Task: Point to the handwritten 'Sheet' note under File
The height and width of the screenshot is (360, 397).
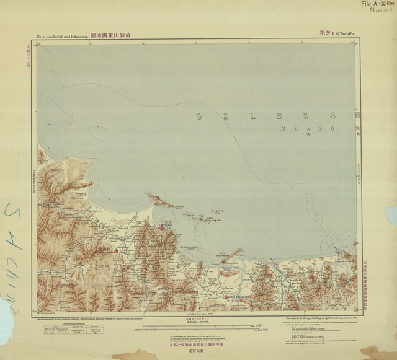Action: [374, 11]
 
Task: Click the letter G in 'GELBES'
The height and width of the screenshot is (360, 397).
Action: [199, 115]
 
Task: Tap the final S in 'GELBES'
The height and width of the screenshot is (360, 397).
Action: [334, 115]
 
